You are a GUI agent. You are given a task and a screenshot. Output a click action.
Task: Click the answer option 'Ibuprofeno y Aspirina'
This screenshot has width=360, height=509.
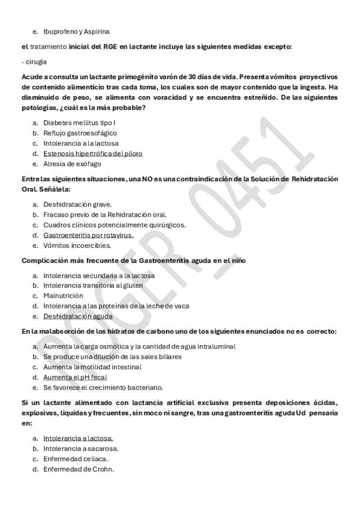pyautogui.click(x=76, y=31)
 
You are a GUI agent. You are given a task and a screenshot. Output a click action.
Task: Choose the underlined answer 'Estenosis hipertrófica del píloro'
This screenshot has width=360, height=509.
pyautogui.click(x=92, y=153)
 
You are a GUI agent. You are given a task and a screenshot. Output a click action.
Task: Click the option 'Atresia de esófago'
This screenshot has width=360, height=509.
pyautogui.click(x=72, y=163)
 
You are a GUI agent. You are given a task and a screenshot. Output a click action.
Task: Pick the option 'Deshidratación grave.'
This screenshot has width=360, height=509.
pyautogui.click(x=77, y=204)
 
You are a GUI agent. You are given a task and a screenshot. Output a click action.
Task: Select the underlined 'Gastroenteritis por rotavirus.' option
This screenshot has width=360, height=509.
pyautogui.click(x=88, y=235)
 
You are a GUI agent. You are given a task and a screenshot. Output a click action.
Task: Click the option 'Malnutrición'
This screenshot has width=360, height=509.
pyautogui.click(x=63, y=295)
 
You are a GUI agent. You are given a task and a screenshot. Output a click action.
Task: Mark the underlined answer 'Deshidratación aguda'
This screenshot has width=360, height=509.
pyautogui.click(x=77, y=316)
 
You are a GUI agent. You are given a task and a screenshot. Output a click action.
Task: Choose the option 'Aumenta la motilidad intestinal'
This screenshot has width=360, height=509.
pyautogui.click(x=92, y=367)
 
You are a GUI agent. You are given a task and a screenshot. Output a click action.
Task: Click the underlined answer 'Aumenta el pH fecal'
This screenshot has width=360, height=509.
pyautogui.click(x=74, y=377)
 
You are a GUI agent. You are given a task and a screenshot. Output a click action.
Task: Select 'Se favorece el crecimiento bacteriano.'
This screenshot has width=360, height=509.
pyautogui.click(x=103, y=387)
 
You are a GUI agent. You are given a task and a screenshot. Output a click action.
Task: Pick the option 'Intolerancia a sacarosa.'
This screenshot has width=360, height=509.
pyautogui.click(x=80, y=448)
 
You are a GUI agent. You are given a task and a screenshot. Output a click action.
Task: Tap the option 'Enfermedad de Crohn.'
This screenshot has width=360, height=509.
pyautogui.click(x=78, y=469)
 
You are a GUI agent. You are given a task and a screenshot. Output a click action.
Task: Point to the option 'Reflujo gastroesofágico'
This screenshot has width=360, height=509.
pyautogui.click(x=80, y=133)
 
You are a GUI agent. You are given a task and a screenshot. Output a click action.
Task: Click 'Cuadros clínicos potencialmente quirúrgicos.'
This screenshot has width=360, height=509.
pyautogui.click(x=114, y=225)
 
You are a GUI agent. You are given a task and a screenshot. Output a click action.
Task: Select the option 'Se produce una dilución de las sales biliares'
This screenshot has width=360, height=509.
pyautogui.click(x=112, y=357)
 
